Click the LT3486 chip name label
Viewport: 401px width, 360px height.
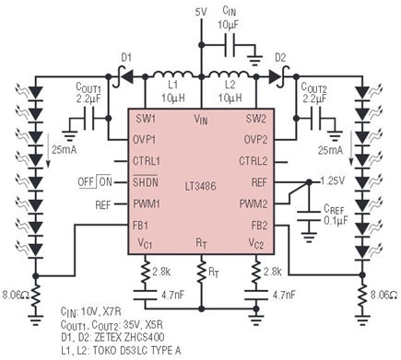pyautogui.click(x=200, y=186)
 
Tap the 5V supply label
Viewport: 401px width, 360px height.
pyautogui.click(x=201, y=12)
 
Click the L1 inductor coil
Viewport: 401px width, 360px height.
pyautogui.click(x=173, y=75)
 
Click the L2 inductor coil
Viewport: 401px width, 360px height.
pyautogui.click(x=229, y=75)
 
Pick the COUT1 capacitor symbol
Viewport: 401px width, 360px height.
pyautogui.click(x=88, y=118)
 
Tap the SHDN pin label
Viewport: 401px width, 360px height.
pyautogui.click(x=146, y=181)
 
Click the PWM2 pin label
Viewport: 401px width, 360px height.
pyautogui.click(x=254, y=204)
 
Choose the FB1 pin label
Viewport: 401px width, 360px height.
pyautogui.click(x=141, y=226)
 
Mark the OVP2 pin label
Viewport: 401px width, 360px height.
pyautogui.click(x=255, y=140)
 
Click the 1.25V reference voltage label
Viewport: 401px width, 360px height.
pyautogui.click(x=332, y=180)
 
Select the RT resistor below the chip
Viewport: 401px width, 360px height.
pyautogui.click(x=202, y=272)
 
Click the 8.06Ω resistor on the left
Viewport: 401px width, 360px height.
pyautogui.click(x=36, y=296)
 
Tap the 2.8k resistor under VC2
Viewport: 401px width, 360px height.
pyautogui.click(x=256, y=273)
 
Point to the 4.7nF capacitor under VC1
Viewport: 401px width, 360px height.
pyautogui.click(x=146, y=295)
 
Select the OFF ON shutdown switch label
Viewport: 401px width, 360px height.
pyautogui.click(x=95, y=182)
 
